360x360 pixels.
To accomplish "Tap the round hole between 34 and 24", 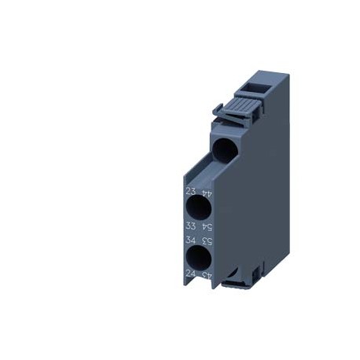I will click(199, 258).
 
